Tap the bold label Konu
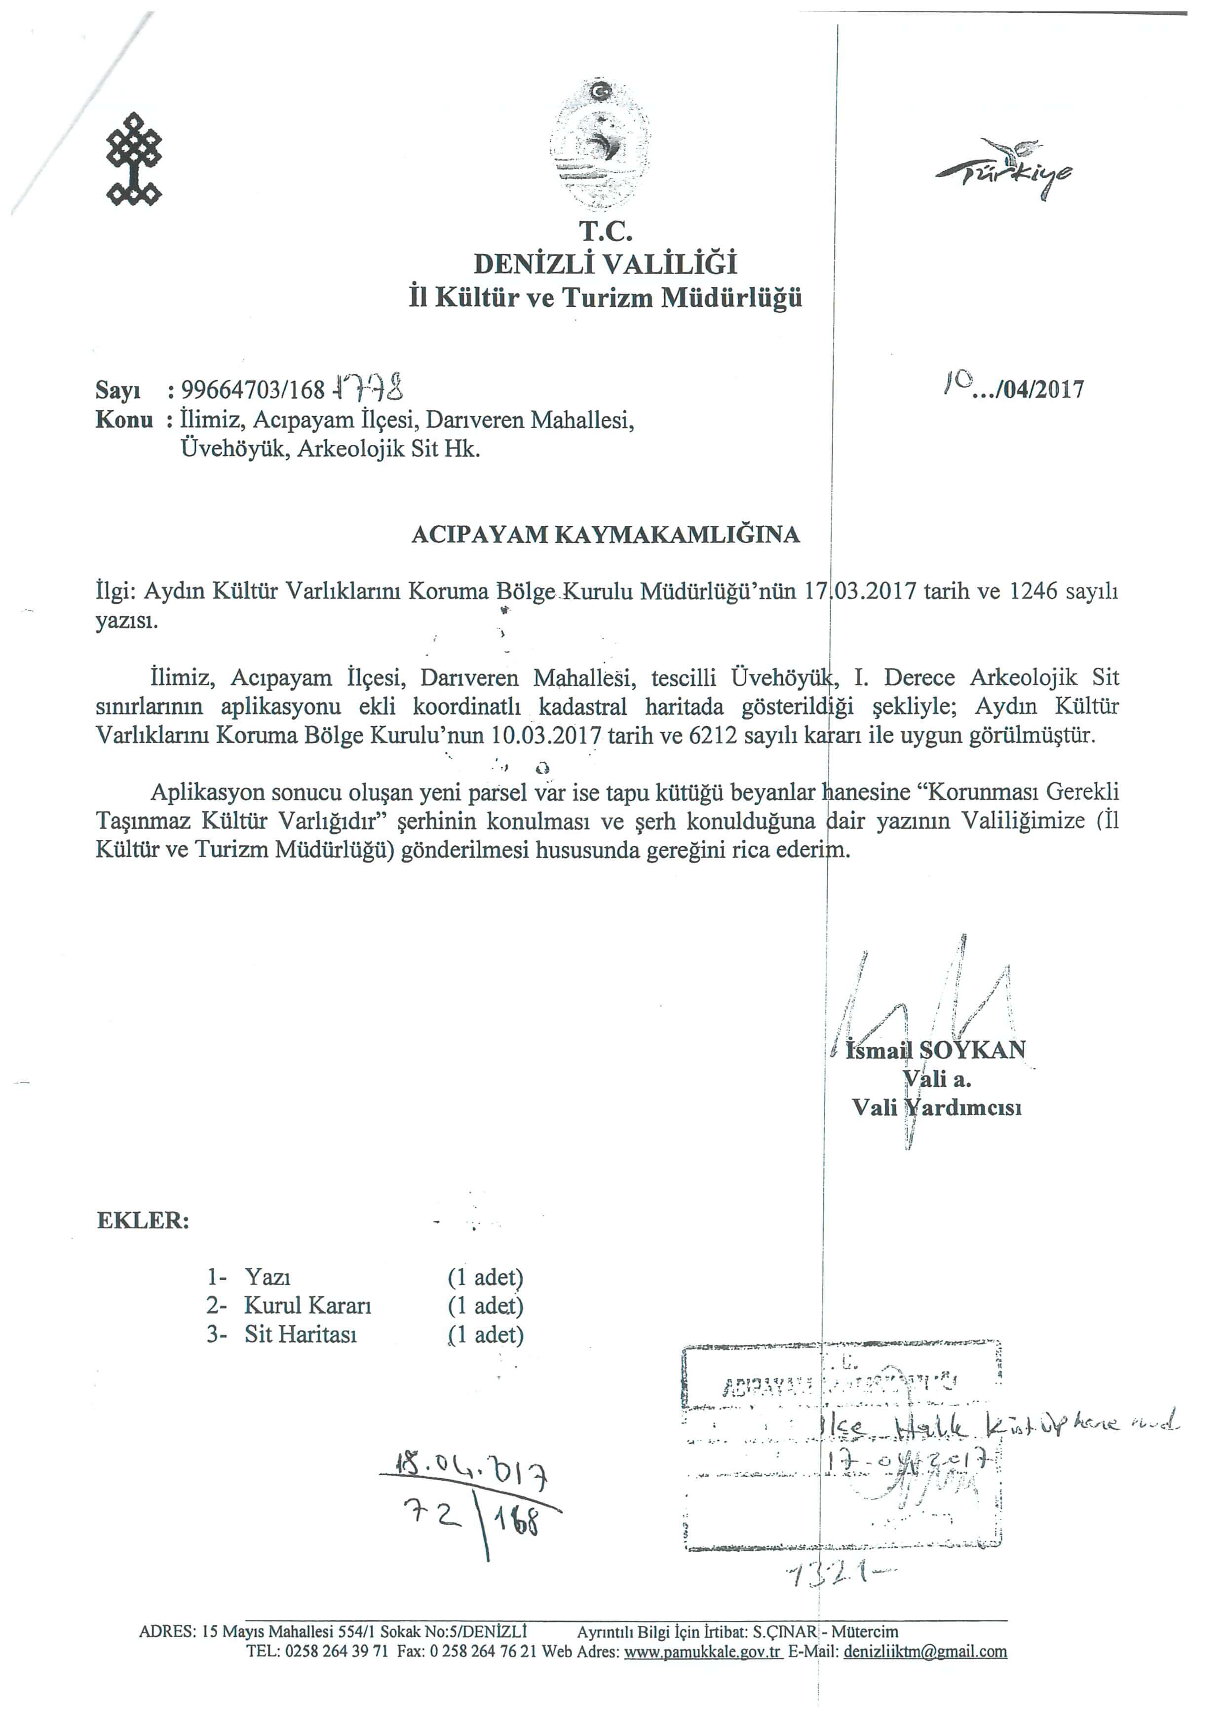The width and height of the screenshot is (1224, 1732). pyautogui.click(x=124, y=420)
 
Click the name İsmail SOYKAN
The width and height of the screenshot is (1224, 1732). pyautogui.click(x=936, y=1050)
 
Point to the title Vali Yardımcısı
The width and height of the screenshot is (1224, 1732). pyautogui.click(x=937, y=1107)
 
